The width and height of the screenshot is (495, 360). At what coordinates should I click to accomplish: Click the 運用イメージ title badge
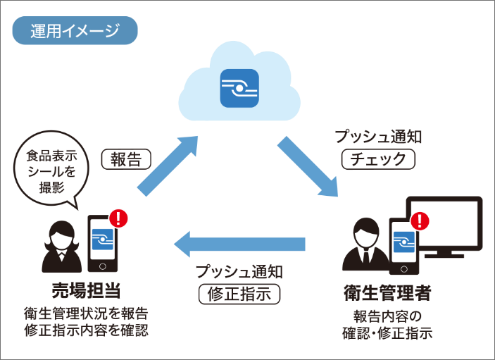click(x=74, y=30)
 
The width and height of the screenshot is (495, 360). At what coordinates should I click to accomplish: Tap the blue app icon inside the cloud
click(x=239, y=87)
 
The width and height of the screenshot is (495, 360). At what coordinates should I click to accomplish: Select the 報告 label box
click(x=126, y=159)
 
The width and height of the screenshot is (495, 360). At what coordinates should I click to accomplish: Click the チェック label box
click(x=378, y=159)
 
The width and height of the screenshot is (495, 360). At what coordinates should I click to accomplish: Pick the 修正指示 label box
click(x=239, y=292)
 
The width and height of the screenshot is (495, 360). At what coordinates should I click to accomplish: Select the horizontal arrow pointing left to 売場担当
click(x=239, y=244)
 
